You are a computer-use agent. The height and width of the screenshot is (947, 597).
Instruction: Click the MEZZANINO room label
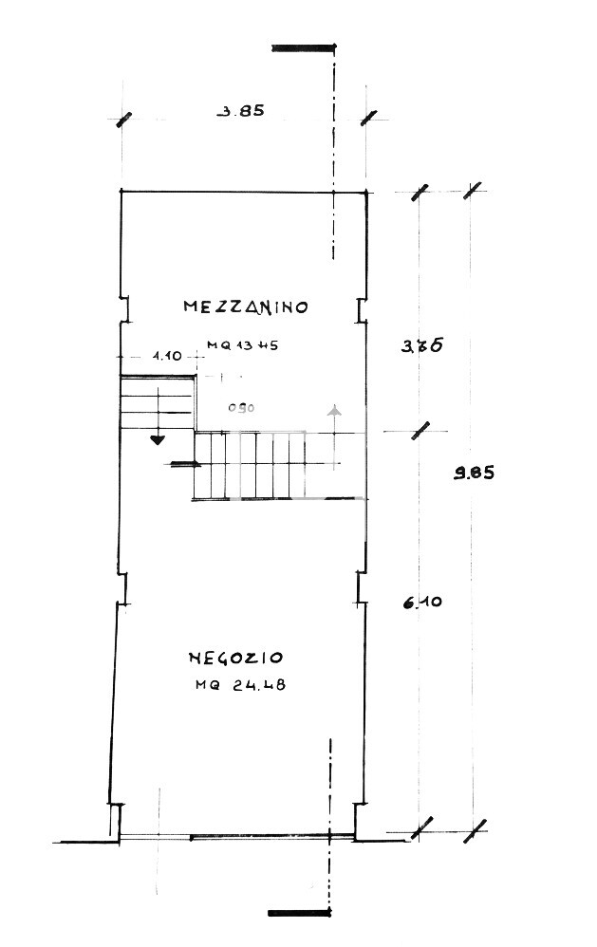[246, 306]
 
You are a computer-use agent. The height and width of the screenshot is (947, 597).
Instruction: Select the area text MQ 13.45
[242, 346]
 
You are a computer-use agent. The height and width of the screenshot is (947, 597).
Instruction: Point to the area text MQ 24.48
[241, 685]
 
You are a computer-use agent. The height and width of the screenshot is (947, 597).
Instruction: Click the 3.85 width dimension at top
[240, 110]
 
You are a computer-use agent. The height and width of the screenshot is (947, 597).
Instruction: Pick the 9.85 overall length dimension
[474, 474]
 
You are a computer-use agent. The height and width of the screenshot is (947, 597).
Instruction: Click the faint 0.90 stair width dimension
[241, 408]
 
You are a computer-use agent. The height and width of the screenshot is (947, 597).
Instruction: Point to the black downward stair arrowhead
[157, 438]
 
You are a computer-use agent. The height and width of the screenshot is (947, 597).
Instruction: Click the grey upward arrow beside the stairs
[333, 411]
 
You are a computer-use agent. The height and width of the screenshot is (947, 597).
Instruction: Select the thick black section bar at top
[303, 46]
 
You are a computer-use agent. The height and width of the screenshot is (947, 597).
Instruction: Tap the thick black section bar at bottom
[299, 913]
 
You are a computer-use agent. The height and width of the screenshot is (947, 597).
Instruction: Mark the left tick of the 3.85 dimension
[122, 119]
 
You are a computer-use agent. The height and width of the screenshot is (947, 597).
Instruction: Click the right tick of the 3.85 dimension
[369, 118]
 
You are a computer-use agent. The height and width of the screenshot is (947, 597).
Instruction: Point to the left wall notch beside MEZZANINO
[124, 309]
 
